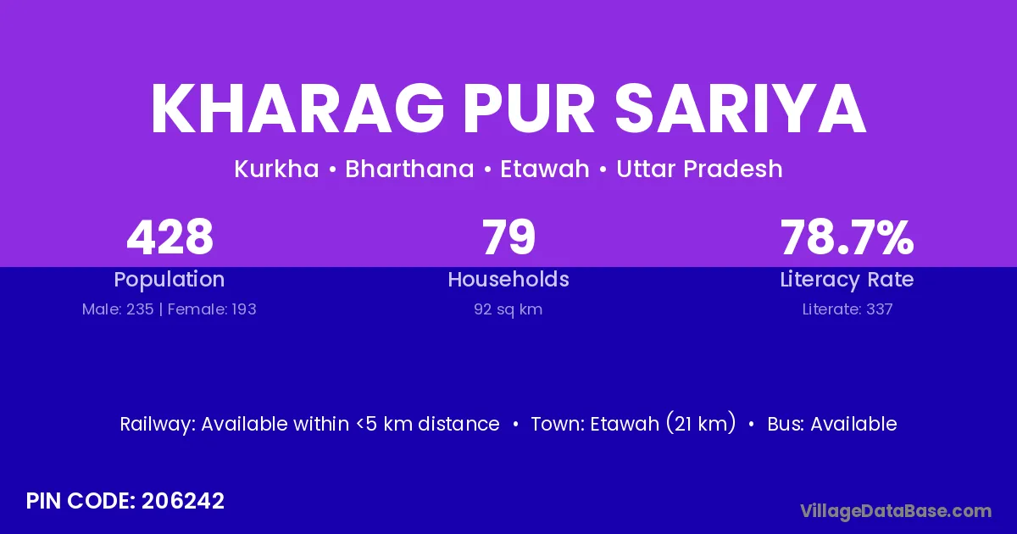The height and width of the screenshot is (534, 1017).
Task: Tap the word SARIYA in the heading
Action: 741,108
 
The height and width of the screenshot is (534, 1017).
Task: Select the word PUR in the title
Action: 529,108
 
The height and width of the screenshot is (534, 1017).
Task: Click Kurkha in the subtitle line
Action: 276,169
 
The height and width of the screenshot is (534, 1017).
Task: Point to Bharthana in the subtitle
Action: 409,169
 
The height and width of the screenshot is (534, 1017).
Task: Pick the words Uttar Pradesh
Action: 699,169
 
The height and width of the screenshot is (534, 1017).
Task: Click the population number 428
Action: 169,237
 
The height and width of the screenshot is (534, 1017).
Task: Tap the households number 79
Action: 508,237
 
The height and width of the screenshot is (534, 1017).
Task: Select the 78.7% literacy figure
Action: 847,237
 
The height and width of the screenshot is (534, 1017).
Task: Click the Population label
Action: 169,280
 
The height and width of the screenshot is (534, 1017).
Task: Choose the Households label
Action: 508,279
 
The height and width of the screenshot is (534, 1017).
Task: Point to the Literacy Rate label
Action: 847,280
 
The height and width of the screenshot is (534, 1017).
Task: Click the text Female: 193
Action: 212,309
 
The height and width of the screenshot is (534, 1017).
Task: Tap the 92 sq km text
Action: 508,309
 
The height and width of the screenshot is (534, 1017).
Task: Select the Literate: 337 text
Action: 847,309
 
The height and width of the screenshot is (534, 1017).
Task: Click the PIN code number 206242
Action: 183,501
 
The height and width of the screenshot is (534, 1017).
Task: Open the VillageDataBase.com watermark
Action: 896,511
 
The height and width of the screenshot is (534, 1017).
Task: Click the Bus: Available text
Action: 832,424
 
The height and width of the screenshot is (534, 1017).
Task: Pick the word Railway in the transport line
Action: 158,425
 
